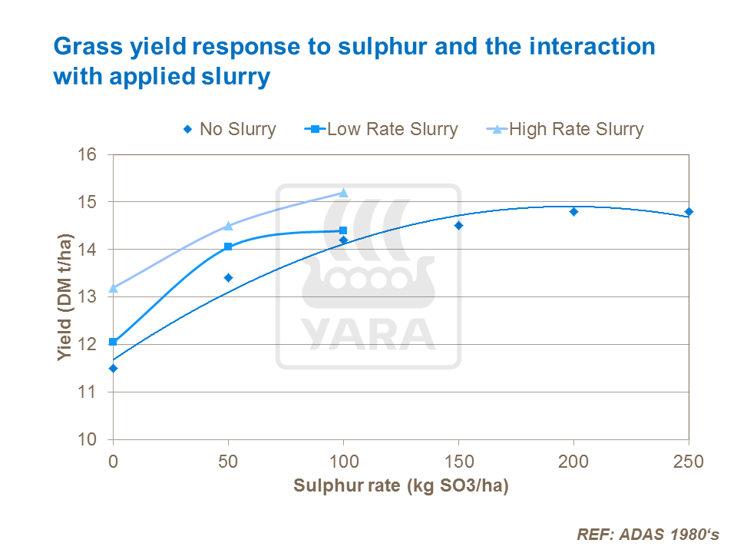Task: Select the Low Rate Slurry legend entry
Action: (x=383, y=129)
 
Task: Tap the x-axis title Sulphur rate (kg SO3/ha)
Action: (x=401, y=486)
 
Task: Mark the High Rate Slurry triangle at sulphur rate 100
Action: (x=343, y=193)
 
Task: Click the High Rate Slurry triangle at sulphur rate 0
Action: (x=114, y=288)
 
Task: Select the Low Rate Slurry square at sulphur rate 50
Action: (x=228, y=247)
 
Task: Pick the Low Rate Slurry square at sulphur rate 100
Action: (x=343, y=230)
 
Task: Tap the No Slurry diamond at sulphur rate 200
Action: (x=573, y=211)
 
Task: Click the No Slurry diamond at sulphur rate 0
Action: (x=114, y=368)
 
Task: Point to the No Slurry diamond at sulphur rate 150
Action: (x=458, y=226)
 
